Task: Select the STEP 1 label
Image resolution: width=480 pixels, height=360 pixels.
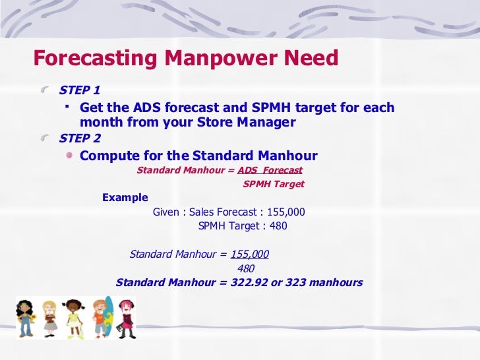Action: (x=80, y=90)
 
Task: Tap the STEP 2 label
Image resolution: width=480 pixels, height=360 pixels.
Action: (x=80, y=138)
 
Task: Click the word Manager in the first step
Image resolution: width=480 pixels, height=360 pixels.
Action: (x=269, y=122)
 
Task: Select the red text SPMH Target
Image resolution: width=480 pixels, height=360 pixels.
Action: (x=274, y=185)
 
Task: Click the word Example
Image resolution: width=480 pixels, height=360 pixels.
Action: (x=125, y=198)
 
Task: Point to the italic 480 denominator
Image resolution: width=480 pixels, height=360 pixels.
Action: (x=245, y=268)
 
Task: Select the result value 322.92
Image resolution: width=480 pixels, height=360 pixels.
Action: (x=247, y=283)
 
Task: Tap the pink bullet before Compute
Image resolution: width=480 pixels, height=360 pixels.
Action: (x=70, y=156)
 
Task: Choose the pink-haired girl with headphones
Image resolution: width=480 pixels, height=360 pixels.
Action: (x=126, y=319)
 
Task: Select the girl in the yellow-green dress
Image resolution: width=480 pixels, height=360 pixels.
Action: (x=73, y=318)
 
